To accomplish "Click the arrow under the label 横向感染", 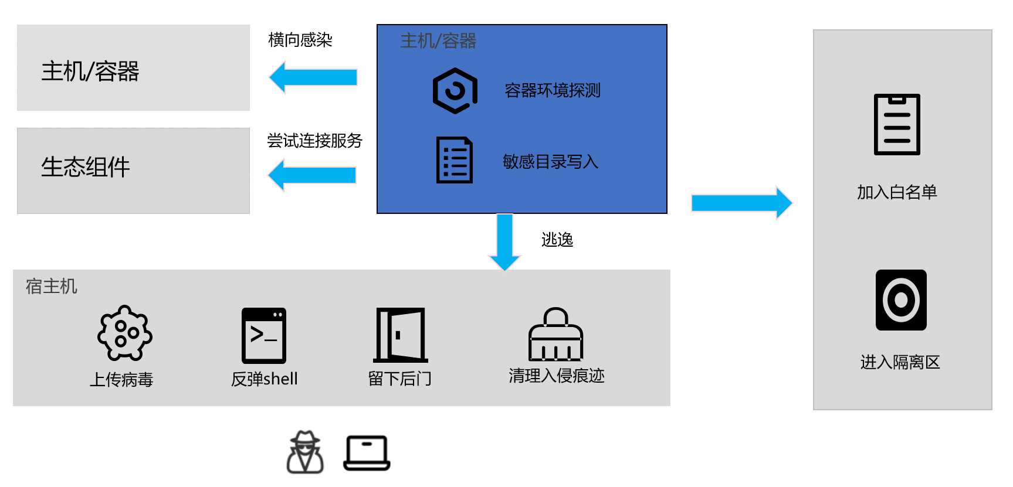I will click(313, 77).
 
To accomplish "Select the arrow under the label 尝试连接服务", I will click(312, 175).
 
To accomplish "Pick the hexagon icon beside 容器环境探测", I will click(455, 91).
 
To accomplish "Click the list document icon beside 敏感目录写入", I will click(455, 160).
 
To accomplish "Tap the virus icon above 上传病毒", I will click(124, 333).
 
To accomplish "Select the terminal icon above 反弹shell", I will click(264, 335).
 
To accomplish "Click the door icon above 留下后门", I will click(401, 335).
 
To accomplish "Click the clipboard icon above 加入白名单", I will click(897, 124).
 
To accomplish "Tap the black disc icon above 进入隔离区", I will click(901, 300).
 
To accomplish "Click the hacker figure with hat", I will click(305, 452).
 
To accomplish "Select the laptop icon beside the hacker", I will click(367, 453).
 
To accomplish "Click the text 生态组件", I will click(86, 167).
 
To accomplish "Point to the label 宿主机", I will click(52, 287).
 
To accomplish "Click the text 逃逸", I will click(557, 240).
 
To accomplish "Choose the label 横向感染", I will click(300, 40).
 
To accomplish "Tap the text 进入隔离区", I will click(900, 362).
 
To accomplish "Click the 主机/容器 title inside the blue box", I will click(438, 41).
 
